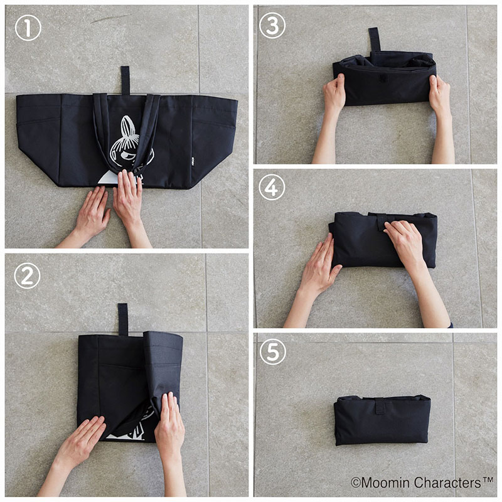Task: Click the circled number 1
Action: pyautogui.click(x=28, y=28)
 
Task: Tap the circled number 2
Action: pyautogui.click(x=27, y=276)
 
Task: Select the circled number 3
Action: pyautogui.click(x=272, y=26)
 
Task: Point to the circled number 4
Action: pyautogui.click(x=272, y=187)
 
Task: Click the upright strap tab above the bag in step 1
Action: pyautogui.click(x=125, y=80)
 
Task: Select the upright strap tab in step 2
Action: pyautogui.click(x=123, y=319)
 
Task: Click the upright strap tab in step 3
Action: pyautogui.click(x=374, y=40)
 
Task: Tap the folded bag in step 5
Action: pyautogui.click(x=382, y=420)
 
